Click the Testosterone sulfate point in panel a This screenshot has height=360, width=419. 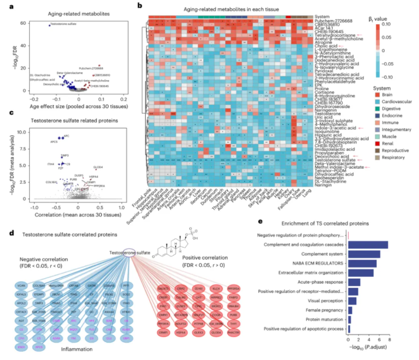coord(49,25)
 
